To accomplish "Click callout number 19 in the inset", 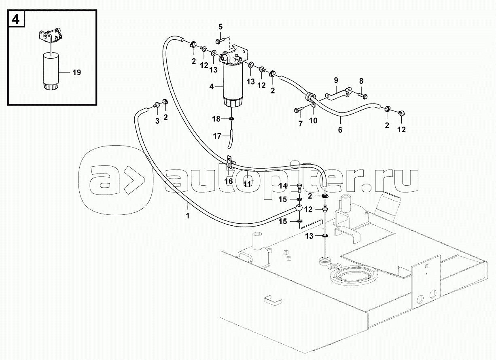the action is (77, 72).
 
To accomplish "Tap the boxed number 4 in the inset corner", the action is (16, 19).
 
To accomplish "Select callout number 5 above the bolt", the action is (220, 27).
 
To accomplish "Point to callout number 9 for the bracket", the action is (336, 80).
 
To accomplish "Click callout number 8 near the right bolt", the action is (361, 81).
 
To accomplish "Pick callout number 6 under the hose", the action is (340, 130).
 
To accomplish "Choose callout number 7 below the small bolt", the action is (301, 123).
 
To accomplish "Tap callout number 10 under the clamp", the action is (313, 121).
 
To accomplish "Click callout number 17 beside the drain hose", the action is (217, 136).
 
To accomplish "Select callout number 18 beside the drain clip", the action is (216, 119).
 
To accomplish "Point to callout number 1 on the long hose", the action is (188, 216).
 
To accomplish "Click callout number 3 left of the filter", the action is (157, 121).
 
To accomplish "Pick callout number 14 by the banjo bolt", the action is (283, 186).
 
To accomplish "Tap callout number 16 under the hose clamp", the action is (229, 182).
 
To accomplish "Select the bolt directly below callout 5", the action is (220, 41).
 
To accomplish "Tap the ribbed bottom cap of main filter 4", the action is (233, 102).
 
